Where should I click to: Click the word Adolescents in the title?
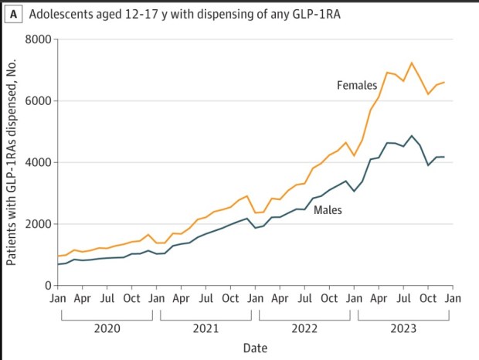point(62,13)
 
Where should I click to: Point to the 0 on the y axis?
point(47,286)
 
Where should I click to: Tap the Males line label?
point(328,209)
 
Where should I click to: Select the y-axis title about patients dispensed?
point(12,162)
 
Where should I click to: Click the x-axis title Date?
point(255,348)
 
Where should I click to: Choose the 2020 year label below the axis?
point(107,328)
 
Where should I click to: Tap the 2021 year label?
point(206,328)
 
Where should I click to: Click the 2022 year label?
point(304,328)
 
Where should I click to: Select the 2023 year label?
point(403,328)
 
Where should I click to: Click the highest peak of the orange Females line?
point(412,63)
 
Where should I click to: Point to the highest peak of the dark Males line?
point(412,135)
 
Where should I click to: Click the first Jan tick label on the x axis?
point(57,299)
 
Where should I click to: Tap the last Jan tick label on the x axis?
point(453,299)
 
